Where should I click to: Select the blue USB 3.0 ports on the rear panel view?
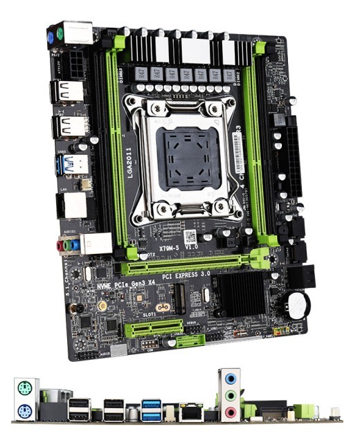(x=150, y=409)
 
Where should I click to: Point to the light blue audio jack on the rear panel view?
(x=230, y=378)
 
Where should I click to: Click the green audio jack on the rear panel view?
(x=230, y=395)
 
